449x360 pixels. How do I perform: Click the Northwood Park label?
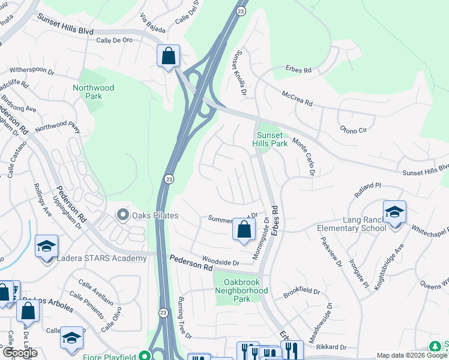(93, 92)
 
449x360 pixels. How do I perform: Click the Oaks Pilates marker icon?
(124, 215)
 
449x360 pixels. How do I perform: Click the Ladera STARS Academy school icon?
(46, 247)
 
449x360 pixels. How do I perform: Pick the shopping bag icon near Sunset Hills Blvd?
(169, 56)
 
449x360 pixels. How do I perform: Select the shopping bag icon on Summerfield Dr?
(244, 229)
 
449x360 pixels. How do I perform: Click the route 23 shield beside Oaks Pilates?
(169, 179)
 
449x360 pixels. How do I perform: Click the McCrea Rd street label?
(297, 98)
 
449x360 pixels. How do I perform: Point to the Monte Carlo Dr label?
(304, 157)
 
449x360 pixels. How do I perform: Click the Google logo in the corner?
(20, 353)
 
